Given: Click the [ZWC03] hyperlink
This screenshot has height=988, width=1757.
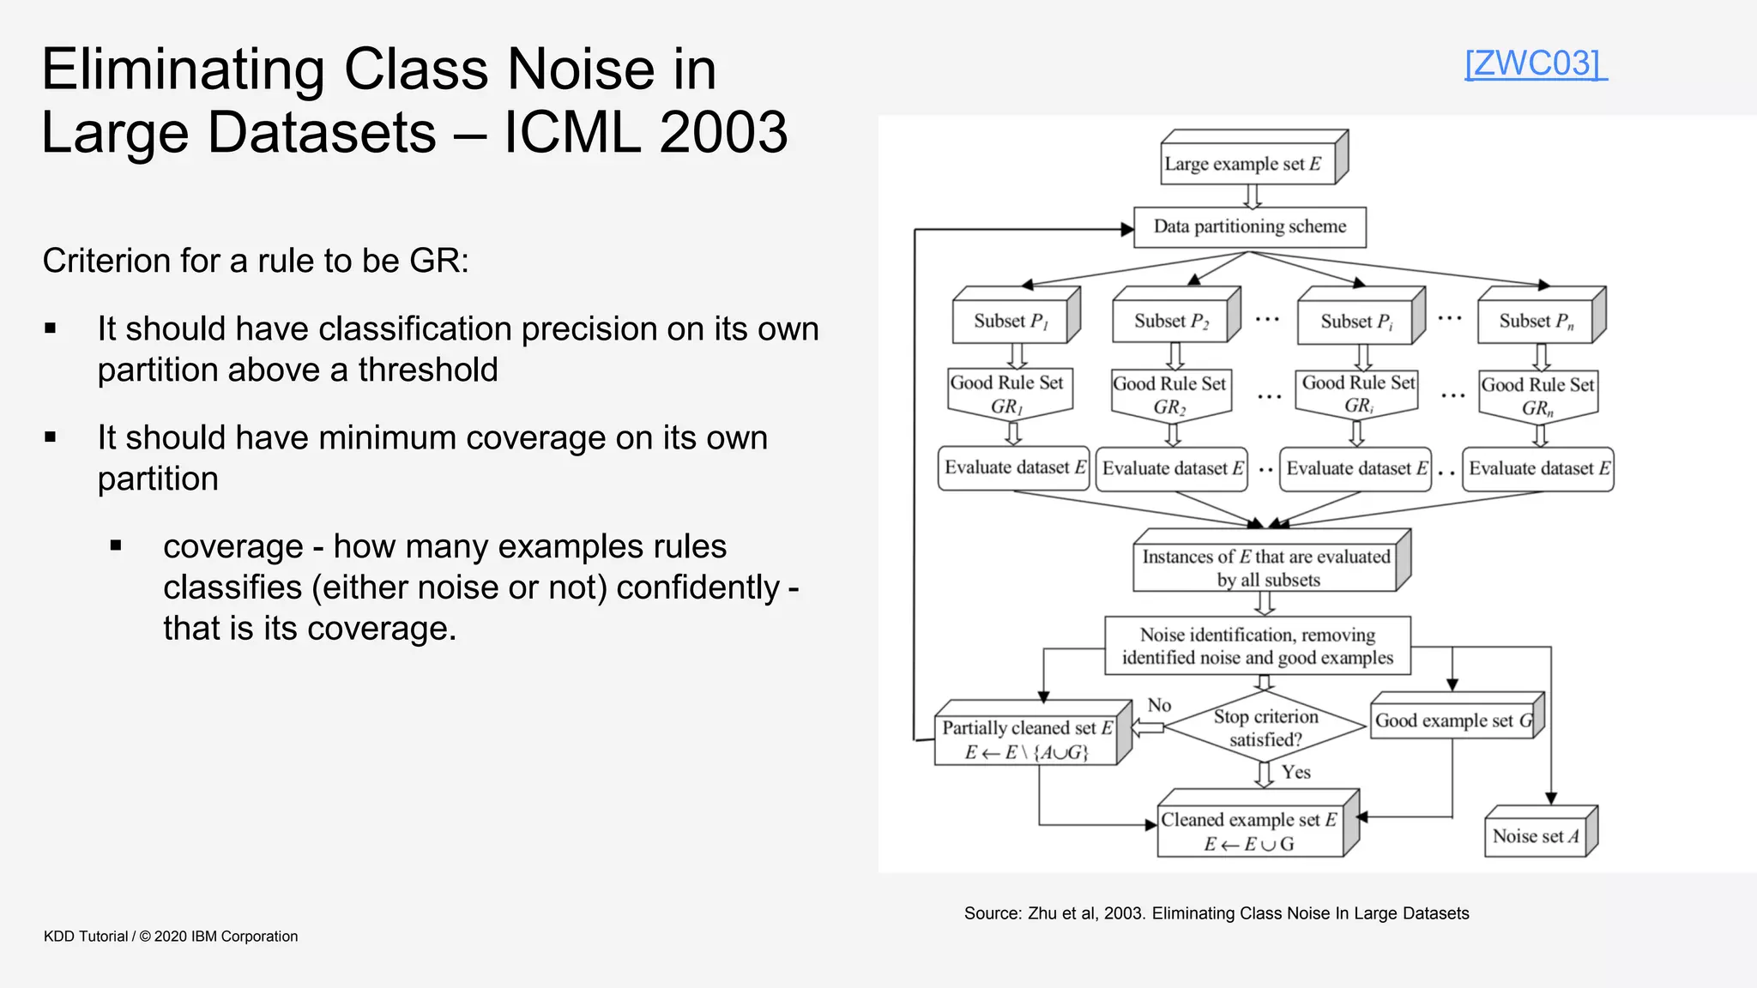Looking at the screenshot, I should coord(1535,63).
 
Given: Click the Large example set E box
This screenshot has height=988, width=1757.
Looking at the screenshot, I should coord(1248,164).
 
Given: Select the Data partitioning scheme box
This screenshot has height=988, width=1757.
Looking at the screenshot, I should coord(1249,227).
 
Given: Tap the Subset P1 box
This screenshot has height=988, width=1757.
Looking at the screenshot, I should coord(1011,322).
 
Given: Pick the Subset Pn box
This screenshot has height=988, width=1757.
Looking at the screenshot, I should coord(1536,322).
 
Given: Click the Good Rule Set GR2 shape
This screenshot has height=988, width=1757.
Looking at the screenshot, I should coord(1170,395).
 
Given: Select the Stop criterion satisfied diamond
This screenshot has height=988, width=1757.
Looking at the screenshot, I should coord(1265,727).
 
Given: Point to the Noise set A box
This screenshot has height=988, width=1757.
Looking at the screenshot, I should coord(1535,836).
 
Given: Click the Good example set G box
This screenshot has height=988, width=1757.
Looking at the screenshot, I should coord(1453,721).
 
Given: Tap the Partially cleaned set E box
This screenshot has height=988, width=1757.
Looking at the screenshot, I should coord(1026,740).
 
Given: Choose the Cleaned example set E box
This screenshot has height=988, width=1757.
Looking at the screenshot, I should coord(1249,831).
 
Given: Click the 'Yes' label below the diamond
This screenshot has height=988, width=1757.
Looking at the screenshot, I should coord(1295,772).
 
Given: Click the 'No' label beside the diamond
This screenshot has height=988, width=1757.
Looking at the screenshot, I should coord(1159,705).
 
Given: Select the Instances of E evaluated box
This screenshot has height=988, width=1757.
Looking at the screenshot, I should coord(1265,568).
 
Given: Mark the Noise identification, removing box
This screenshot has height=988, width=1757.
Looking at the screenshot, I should coord(1257,646).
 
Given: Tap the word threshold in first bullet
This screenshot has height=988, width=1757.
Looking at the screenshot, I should coord(427,370).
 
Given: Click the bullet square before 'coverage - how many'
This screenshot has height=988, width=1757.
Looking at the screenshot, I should coord(116,545).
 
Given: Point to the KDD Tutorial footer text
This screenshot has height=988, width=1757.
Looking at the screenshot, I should coord(171,937).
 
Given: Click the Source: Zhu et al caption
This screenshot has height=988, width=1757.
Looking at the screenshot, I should coord(1216,913).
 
